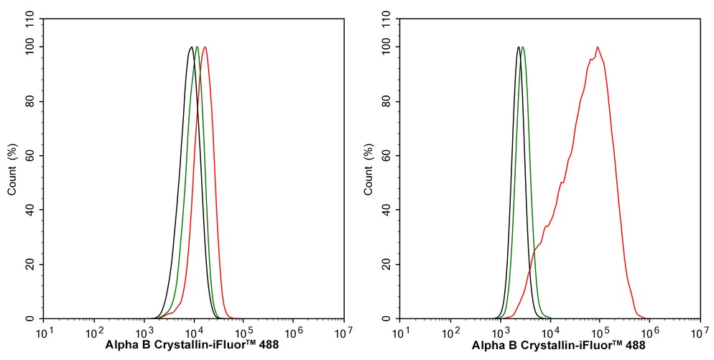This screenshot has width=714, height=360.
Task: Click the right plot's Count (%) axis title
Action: point(369,170)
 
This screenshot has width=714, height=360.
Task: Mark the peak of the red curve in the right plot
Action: point(597,47)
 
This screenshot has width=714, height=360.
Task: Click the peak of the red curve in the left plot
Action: point(205,47)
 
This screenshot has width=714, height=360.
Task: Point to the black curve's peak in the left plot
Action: point(191,47)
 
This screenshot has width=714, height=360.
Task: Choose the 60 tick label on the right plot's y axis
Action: point(387,156)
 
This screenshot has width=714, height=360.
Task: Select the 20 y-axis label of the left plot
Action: point(31,264)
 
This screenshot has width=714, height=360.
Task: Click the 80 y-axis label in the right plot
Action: point(387,101)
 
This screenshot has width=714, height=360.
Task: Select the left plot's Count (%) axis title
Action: point(13,170)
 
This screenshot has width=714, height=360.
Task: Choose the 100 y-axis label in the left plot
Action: point(29,47)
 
